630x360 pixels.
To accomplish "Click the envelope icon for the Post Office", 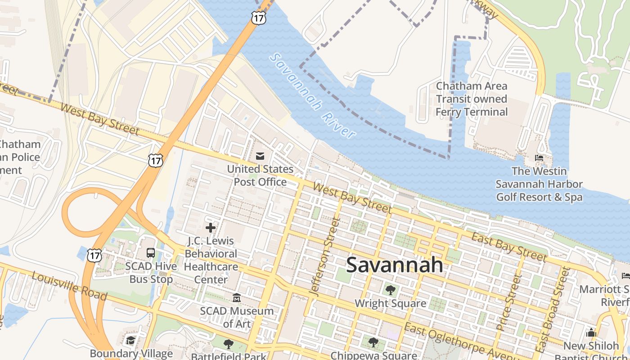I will (x=260, y=156).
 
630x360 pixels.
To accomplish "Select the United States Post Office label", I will (x=260, y=175).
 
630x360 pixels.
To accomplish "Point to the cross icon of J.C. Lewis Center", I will (x=210, y=228).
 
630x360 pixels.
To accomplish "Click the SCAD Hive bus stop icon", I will (x=151, y=253).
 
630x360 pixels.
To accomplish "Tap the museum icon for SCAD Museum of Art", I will (x=236, y=298).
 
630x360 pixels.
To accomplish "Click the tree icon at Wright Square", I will (x=390, y=290).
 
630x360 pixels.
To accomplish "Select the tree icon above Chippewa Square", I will (x=373, y=342).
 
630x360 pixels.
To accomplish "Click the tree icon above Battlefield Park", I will (x=229, y=344).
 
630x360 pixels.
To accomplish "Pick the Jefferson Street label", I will (x=324, y=256).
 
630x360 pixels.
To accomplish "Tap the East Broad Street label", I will (x=552, y=310).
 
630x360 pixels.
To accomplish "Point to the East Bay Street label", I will (x=508, y=247).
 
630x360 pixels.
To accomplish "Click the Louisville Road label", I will (x=69, y=287).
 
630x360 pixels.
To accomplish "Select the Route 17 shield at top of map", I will (x=258, y=18).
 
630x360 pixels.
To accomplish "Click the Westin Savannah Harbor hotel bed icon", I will (x=539, y=158).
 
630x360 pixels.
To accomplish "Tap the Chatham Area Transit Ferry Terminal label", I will (x=472, y=99).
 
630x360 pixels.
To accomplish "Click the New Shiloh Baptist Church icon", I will (x=591, y=333).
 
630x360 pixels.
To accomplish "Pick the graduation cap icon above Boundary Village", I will (x=131, y=340).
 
